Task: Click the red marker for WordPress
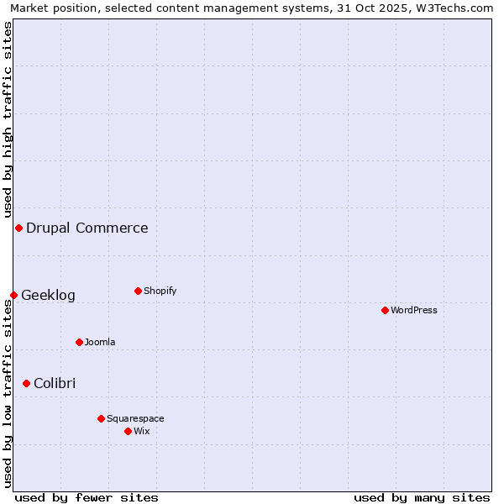coord(385,310)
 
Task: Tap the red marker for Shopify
coord(138,291)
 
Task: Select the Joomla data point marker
coord(79,342)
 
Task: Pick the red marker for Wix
coord(128,431)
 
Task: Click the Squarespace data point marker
coord(101,418)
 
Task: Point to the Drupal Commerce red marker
coord(18,228)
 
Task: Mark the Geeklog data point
coord(13,295)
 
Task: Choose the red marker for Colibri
coord(26,383)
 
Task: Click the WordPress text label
coord(414,310)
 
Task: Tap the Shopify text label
coord(160,291)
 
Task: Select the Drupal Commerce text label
coord(87,228)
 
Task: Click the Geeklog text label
coord(48,295)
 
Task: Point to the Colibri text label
coord(55,383)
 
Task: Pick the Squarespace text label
coord(135,418)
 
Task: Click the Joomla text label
coord(100,342)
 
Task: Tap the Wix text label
coord(142,431)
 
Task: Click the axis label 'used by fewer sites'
coord(87,497)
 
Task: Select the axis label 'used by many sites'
coord(422,497)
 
